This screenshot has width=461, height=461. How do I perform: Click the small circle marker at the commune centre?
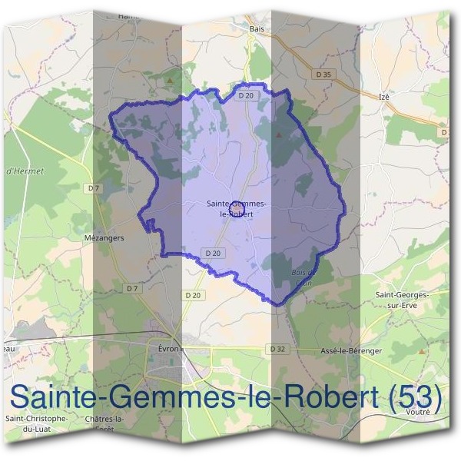coord(237,209)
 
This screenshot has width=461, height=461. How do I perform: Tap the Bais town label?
coord(257,29)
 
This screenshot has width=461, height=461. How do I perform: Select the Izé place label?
coord(386,97)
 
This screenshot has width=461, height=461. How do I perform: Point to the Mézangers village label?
coord(104,238)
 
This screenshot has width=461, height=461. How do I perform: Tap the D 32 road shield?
coord(278,348)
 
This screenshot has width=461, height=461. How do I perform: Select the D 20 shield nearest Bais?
coord(246,95)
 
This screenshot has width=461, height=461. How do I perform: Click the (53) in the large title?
coord(415,397)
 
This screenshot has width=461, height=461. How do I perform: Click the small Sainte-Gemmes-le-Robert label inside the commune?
coord(237,208)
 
